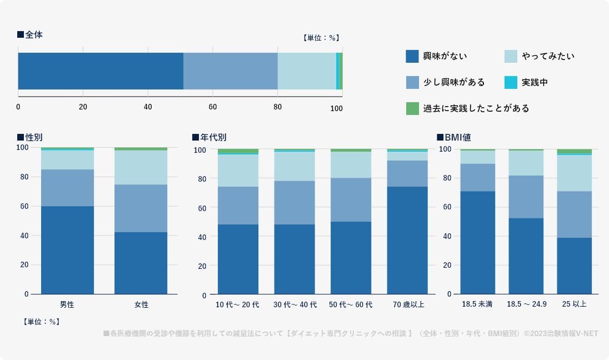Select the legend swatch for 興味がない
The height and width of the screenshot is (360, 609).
(412, 56)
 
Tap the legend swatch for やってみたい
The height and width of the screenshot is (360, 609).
(511, 56)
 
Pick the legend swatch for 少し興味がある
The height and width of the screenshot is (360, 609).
(412, 82)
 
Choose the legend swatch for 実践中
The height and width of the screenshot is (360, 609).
(511, 82)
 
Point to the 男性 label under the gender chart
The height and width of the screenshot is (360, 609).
(67, 304)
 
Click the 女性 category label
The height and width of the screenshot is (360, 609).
(141, 304)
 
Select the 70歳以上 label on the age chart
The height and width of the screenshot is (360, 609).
(408, 304)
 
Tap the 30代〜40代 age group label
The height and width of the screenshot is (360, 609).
(294, 304)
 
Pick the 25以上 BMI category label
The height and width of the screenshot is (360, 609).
(575, 304)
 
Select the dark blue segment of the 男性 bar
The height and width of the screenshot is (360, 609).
(67, 250)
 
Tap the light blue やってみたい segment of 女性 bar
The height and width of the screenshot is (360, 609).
(141, 167)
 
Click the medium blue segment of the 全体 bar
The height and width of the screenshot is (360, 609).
(231, 71)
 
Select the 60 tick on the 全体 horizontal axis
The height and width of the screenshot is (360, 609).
(213, 108)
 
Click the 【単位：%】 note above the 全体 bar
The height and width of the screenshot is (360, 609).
(321, 38)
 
